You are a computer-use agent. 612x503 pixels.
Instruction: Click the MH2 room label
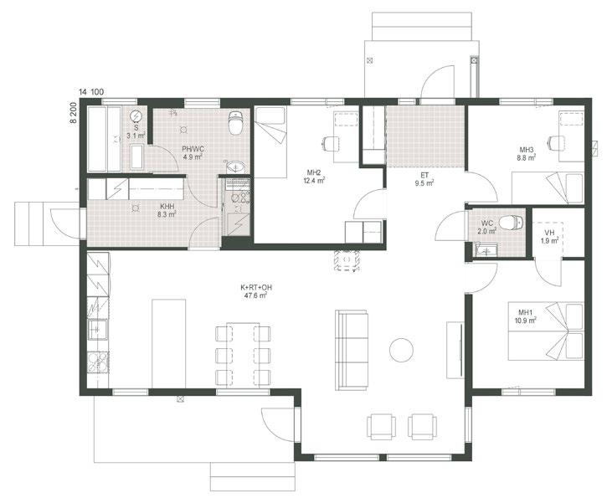click(314, 172)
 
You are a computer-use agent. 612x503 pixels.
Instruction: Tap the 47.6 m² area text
click(256, 295)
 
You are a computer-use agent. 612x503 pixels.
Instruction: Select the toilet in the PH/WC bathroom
click(236, 122)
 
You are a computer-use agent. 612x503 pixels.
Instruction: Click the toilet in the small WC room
click(512, 223)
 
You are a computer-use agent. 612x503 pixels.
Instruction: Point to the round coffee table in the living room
click(401, 350)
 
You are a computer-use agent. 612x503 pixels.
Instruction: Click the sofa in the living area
click(352, 350)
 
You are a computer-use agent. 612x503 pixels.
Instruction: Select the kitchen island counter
click(168, 344)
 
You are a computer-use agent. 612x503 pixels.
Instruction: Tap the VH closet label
click(549, 233)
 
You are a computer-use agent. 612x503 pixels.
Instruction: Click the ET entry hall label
click(424, 175)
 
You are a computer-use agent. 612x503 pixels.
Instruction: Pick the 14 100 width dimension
click(91, 92)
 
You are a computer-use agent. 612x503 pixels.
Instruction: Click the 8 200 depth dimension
click(73, 113)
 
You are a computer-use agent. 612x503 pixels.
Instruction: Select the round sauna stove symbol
click(136, 116)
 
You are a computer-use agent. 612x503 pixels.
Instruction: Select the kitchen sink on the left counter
click(97, 330)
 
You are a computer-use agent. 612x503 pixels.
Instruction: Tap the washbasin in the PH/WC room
click(235, 167)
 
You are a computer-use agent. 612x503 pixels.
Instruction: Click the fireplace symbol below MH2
click(347, 260)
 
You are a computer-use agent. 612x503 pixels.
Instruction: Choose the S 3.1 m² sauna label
click(136, 132)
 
